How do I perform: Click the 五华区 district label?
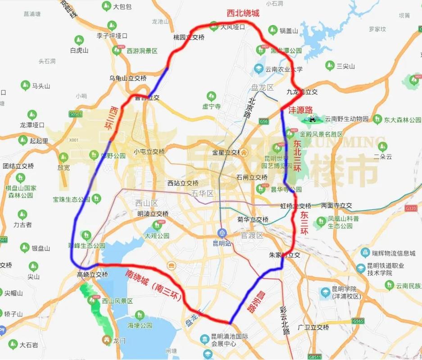click(201, 193)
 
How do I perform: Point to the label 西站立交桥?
click(183, 183)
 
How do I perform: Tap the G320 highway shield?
click(410, 208)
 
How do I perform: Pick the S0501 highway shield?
click(76, 114)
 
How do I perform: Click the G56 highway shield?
click(264, 121)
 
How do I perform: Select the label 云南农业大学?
click(284, 69)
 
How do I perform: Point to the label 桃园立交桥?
click(189, 37)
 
